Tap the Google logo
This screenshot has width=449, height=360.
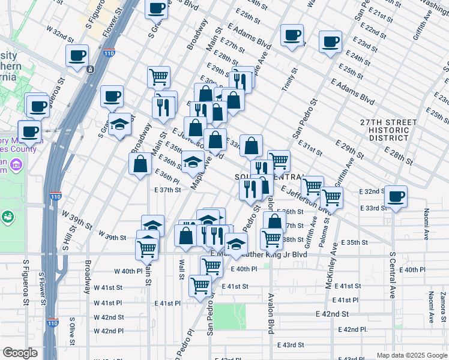20,353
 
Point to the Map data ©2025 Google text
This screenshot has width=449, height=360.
412,355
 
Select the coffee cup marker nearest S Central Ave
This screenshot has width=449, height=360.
396,196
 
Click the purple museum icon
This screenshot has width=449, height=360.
16,164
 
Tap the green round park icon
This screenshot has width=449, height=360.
8,216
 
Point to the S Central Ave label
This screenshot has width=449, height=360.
393,275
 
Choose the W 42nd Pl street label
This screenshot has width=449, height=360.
108,331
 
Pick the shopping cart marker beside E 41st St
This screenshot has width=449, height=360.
200,286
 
